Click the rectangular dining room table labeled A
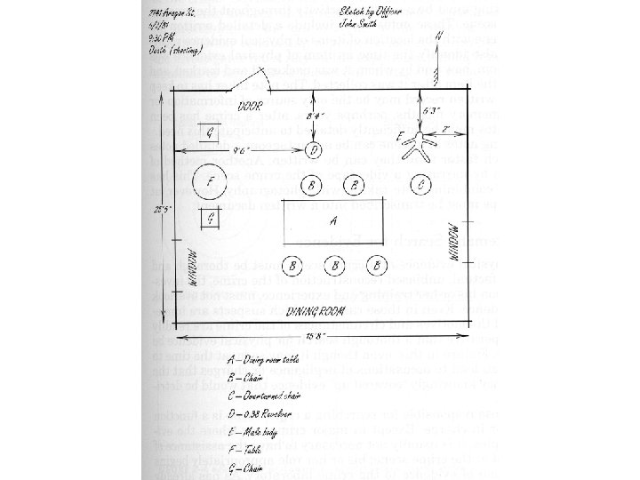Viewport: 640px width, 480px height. tap(333, 221)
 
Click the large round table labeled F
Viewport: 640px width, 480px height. tap(210, 183)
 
